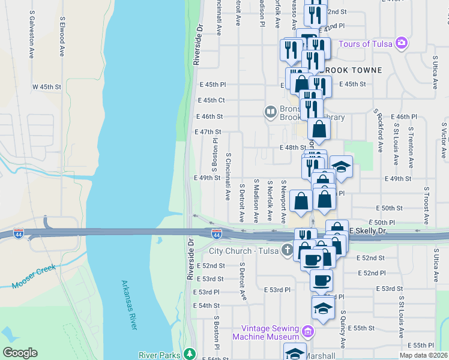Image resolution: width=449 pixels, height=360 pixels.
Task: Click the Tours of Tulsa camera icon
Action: point(402,44)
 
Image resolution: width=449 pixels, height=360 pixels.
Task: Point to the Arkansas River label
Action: point(129,304)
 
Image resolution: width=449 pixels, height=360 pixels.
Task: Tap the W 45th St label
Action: point(47,87)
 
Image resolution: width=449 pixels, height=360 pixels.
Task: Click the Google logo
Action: point(20,353)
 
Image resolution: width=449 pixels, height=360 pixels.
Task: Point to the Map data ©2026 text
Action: point(424,355)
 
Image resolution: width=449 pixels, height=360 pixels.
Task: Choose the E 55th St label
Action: point(363,328)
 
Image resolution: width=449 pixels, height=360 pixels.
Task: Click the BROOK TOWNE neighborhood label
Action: point(351,70)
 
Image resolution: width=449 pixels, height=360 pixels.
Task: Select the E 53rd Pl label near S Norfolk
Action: point(277,290)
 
